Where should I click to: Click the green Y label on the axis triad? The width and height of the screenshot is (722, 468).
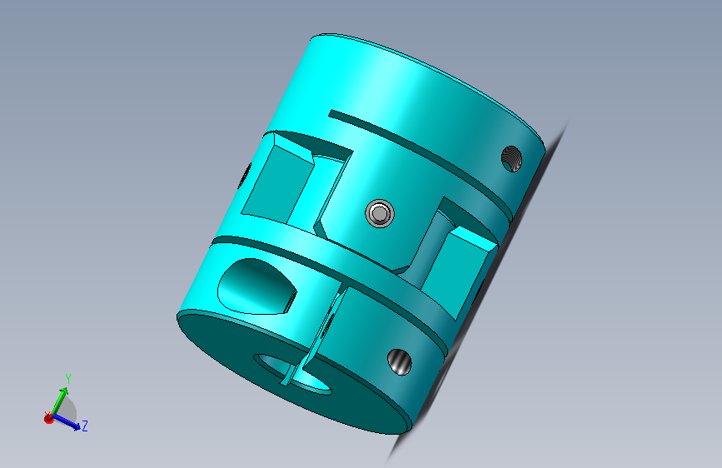pyautogui.click(x=68, y=379)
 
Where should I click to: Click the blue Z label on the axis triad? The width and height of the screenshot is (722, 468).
pyautogui.click(x=85, y=426)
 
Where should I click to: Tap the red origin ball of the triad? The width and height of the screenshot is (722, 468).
pyautogui.click(x=48, y=419)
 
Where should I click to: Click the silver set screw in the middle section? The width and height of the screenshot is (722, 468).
pyautogui.click(x=380, y=213)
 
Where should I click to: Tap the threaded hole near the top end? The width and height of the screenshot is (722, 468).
pyautogui.click(x=511, y=159)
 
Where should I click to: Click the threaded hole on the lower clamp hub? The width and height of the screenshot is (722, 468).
pyautogui.click(x=399, y=362)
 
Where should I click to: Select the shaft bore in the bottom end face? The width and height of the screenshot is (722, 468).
pyautogui.click(x=293, y=374)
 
